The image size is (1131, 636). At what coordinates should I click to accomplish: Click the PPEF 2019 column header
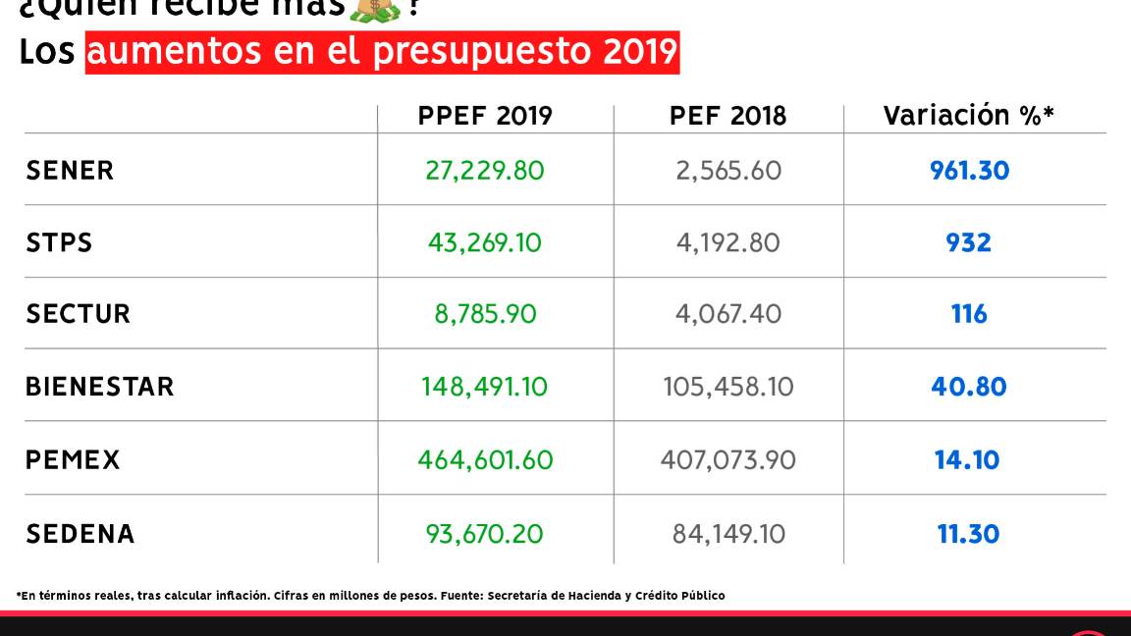coord(485,116)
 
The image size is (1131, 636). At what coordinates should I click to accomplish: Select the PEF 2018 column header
coord(727,116)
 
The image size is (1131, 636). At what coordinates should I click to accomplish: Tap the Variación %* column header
coord(968,116)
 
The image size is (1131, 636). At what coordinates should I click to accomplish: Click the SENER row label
coord(70,171)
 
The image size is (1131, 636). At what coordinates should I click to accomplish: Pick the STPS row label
coord(59,242)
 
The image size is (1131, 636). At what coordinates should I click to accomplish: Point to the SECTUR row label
coord(78,314)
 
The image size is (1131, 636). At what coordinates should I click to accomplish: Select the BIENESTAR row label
coord(99,387)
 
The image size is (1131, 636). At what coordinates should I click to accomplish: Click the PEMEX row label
coord(73,459)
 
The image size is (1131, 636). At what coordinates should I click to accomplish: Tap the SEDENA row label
coord(80,534)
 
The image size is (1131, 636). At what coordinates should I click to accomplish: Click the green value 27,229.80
coord(484,171)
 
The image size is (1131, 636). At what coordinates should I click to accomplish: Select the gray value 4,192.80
coord(727,242)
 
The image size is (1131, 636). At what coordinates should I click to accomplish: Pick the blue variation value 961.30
coord(969,171)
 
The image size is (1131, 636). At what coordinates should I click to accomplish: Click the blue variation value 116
coord(969,314)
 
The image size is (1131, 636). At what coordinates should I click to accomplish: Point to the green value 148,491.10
coord(485,387)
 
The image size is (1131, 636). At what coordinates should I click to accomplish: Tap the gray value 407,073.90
coord(727,459)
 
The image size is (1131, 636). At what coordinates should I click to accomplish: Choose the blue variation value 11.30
coord(968,534)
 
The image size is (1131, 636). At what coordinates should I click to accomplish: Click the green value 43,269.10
coord(484,242)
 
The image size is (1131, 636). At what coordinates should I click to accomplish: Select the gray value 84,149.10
coord(728,534)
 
